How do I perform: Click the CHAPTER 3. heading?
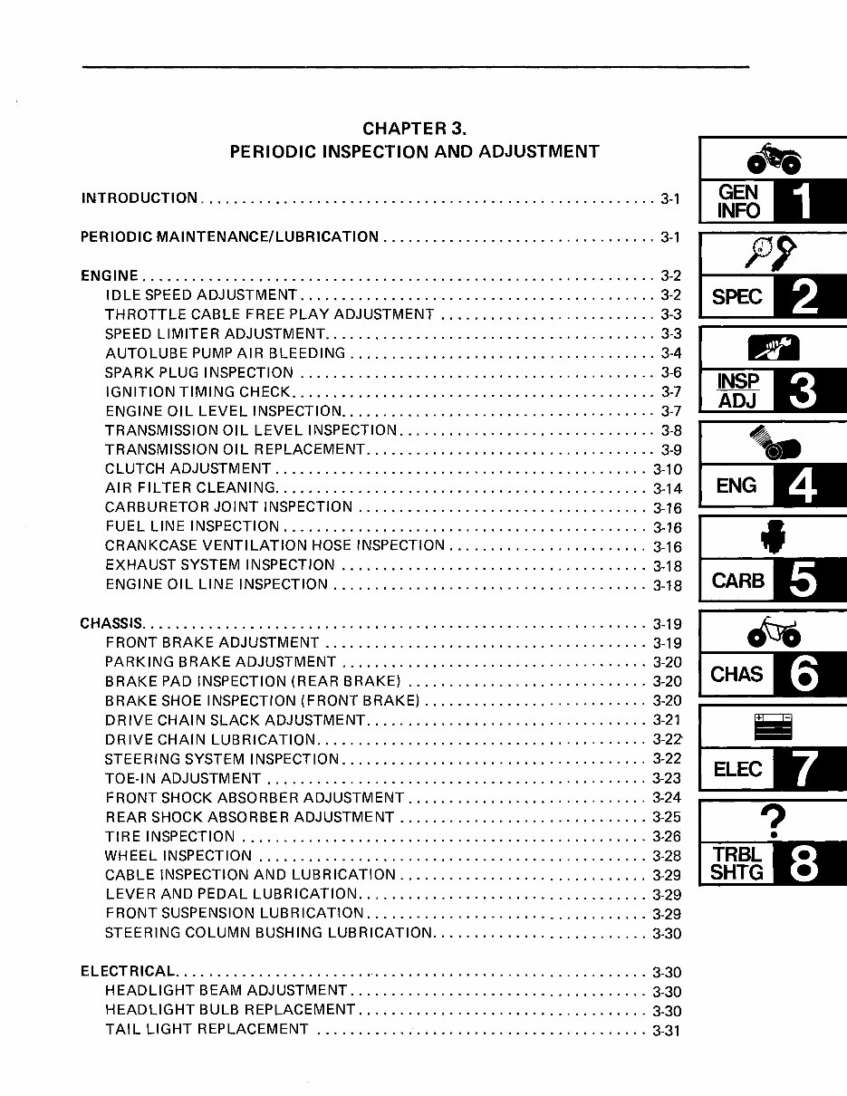[x=414, y=129]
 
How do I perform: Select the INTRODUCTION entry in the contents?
[x=140, y=198]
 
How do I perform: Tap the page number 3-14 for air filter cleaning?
[x=667, y=489]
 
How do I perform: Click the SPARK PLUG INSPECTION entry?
[x=199, y=373]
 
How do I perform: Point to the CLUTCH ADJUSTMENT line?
[x=188, y=469]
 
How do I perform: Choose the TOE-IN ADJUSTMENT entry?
[x=183, y=779]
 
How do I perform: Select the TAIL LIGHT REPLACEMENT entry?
[x=207, y=1030]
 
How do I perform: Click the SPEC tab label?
[x=736, y=297]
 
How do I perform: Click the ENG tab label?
[x=736, y=486]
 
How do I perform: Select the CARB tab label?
[x=738, y=581]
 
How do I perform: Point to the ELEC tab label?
[x=737, y=770]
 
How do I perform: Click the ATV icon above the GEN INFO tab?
[x=773, y=161]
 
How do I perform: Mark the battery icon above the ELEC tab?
[x=773, y=727]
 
